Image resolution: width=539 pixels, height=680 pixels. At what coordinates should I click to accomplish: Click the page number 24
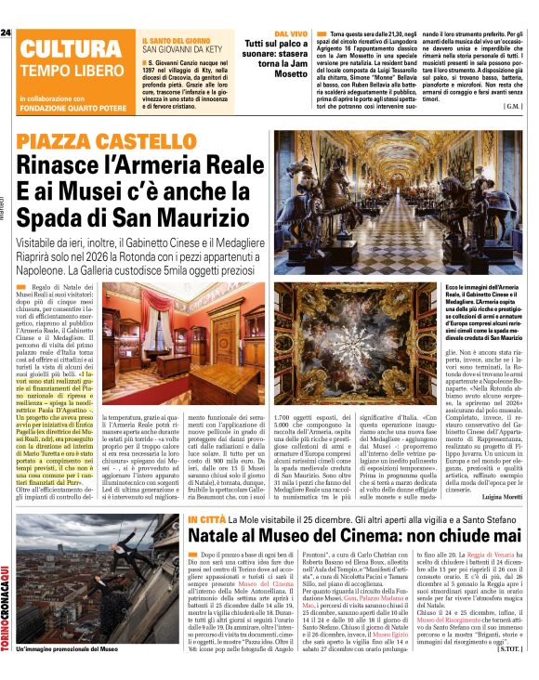pos(6,33)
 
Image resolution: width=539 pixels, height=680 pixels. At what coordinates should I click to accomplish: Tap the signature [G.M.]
pos(512,106)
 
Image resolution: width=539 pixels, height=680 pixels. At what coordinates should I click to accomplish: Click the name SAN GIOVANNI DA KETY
pos(181,52)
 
